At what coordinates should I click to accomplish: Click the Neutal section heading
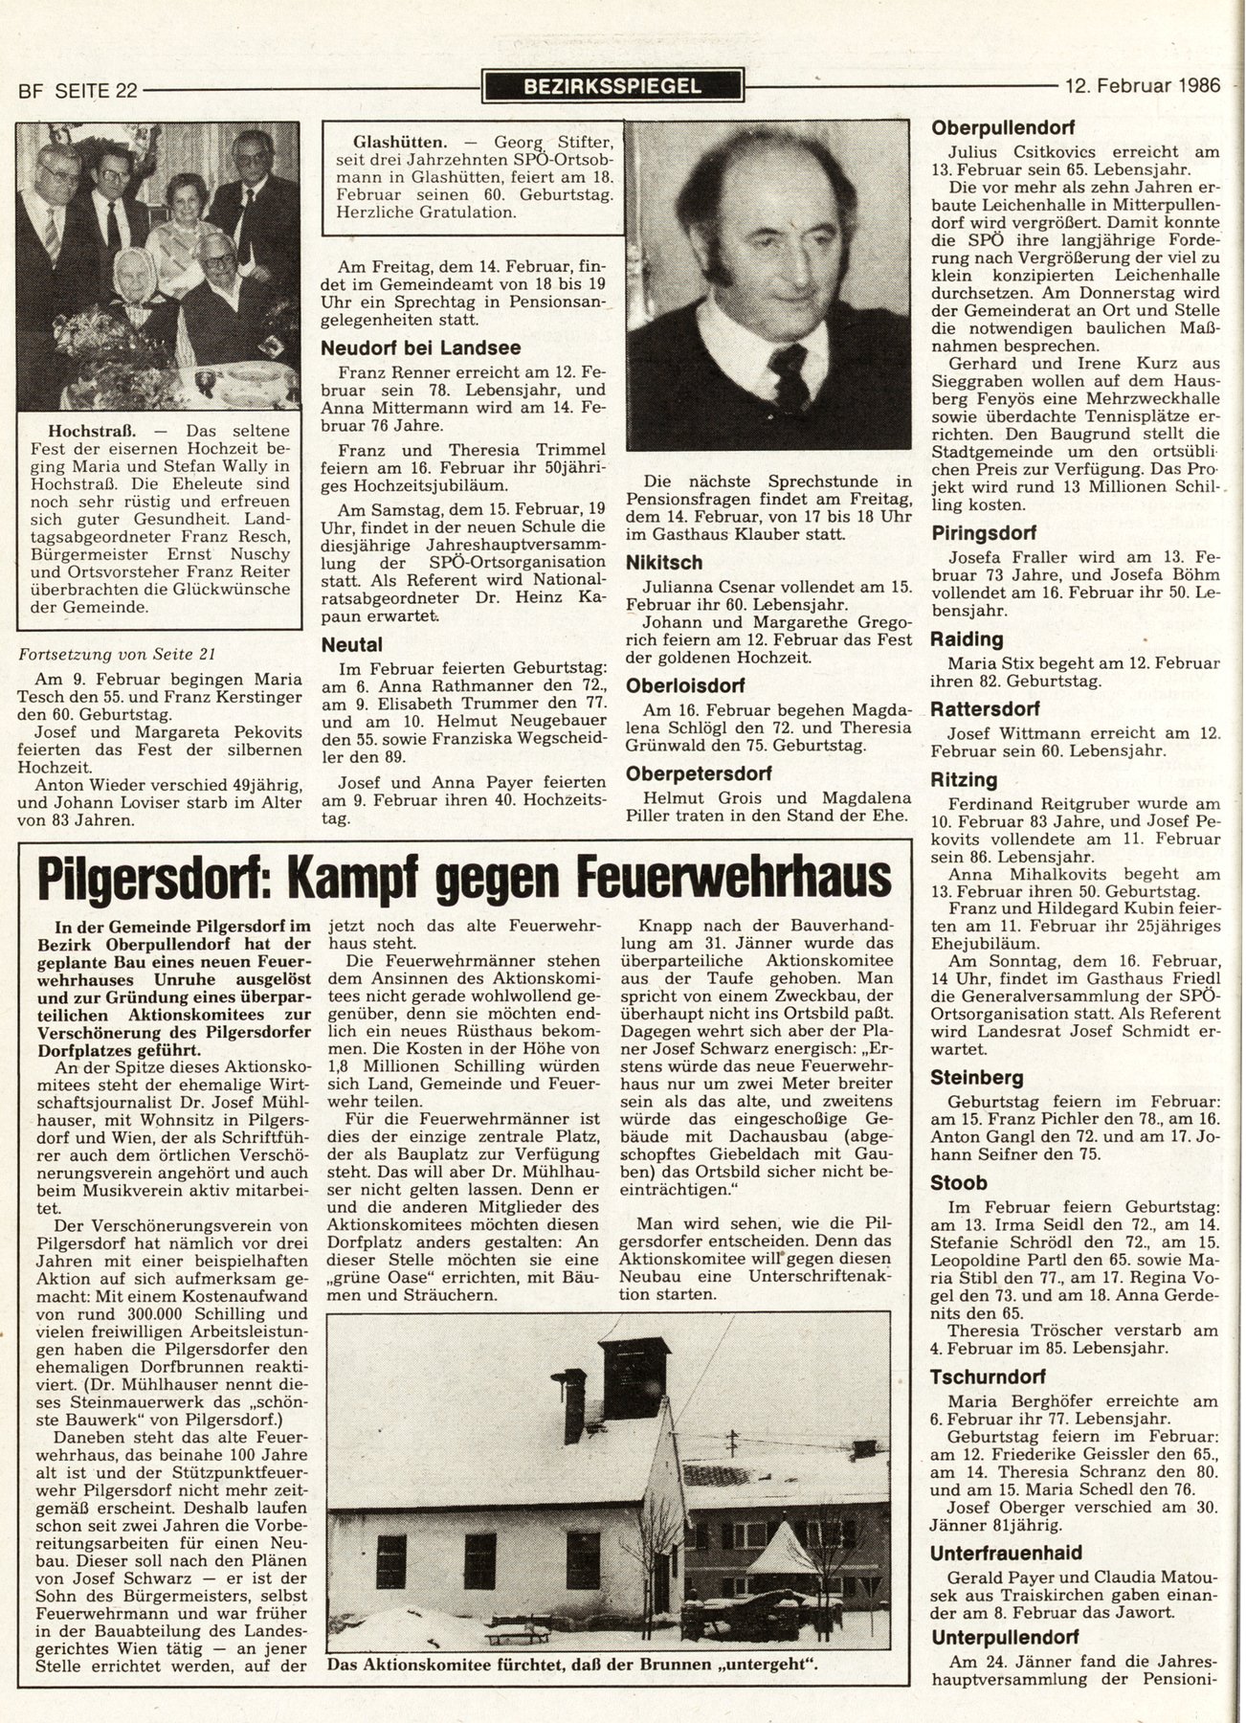352,645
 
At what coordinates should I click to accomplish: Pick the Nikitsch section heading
664,563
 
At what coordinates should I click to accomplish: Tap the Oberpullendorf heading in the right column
1003,126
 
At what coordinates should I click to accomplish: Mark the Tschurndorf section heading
983,1376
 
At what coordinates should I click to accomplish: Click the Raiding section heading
967,639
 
